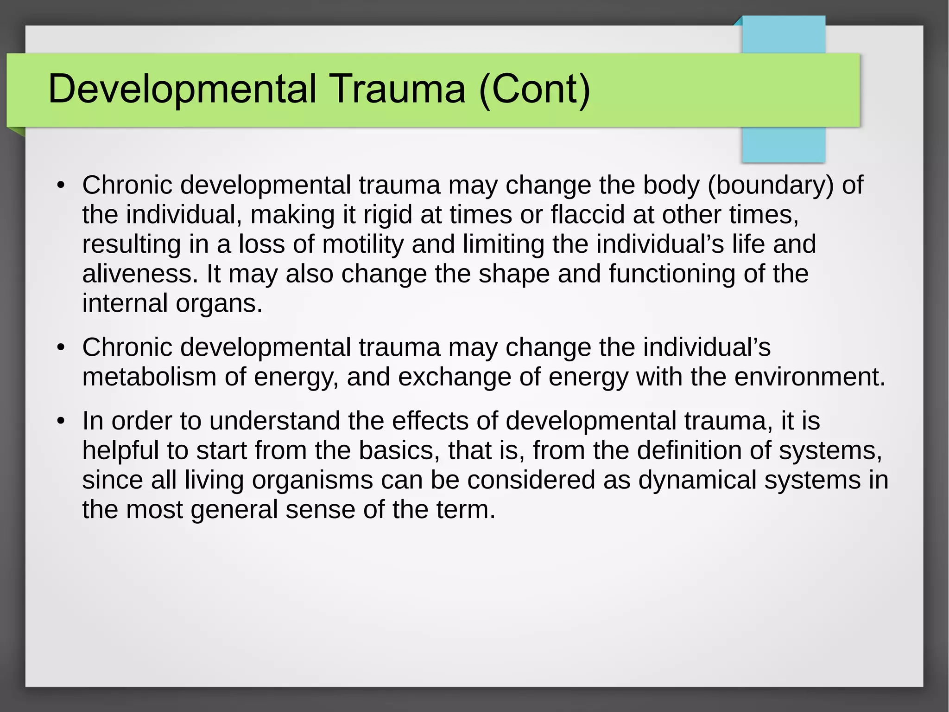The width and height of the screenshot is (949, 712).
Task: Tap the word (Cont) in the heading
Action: pyautogui.click(x=535, y=89)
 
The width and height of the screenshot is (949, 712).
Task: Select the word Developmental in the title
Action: pyautogui.click(x=182, y=89)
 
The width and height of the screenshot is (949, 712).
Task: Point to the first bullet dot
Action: pyautogui.click(x=60, y=186)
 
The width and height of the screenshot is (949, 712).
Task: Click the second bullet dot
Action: pyautogui.click(x=60, y=348)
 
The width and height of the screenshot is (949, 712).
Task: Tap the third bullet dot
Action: pyautogui.click(x=60, y=422)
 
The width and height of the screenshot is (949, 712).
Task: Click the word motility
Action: pyautogui.click(x=363, y=244)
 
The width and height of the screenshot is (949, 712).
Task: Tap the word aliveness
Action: pyautogui.click(x=137, y=274)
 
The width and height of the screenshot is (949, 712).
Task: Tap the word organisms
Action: pyautogui.click(x=312, y=480)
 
